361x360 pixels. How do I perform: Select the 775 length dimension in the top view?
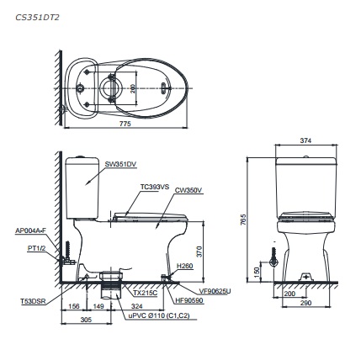click(125, 123)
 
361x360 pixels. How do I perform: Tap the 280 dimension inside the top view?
click(132, 88)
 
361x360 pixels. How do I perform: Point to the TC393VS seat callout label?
click(154, 187)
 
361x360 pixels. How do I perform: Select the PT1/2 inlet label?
click(35, 248)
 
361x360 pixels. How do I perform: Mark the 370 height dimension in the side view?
click(199, 251)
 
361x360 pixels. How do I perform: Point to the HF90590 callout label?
click(188, 298)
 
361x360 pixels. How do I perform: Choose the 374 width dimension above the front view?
click(305, 141)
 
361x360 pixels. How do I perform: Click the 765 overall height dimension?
click(243, 219)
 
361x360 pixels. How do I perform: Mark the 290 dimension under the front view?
click(305, 303)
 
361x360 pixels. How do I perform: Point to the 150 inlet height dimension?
click(256, 272)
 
